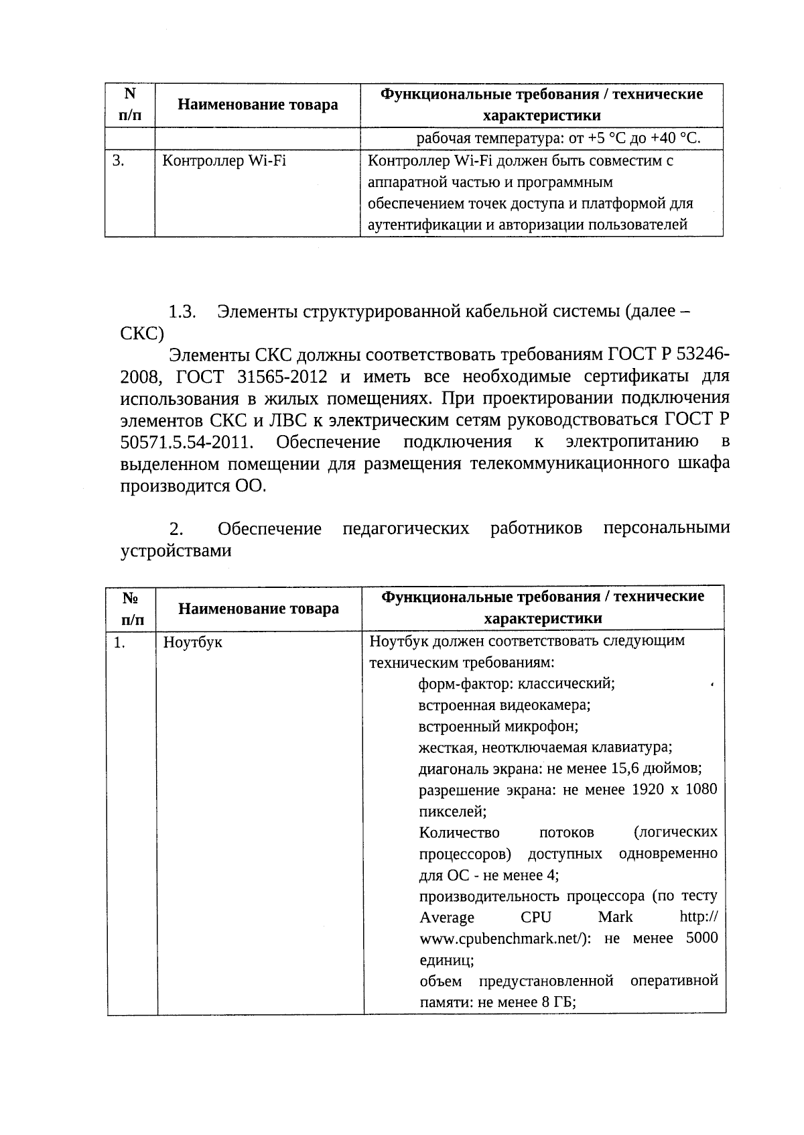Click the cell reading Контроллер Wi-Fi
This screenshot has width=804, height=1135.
tap(224, 162)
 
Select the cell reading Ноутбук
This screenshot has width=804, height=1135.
tap(193, 642)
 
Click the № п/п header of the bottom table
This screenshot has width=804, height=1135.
tap(131, 608)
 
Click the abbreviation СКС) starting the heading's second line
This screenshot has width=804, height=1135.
tap(142, 334)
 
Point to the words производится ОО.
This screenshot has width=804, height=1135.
tap(193, 486)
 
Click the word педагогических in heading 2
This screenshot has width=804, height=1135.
tap(406, 529)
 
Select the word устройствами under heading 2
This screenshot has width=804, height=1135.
tap(176, 551)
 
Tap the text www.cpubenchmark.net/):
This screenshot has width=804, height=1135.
tap(505, 939)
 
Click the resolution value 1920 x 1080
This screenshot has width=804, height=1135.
tap(674, 790)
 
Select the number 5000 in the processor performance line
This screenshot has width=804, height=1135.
tap(701, 939)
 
